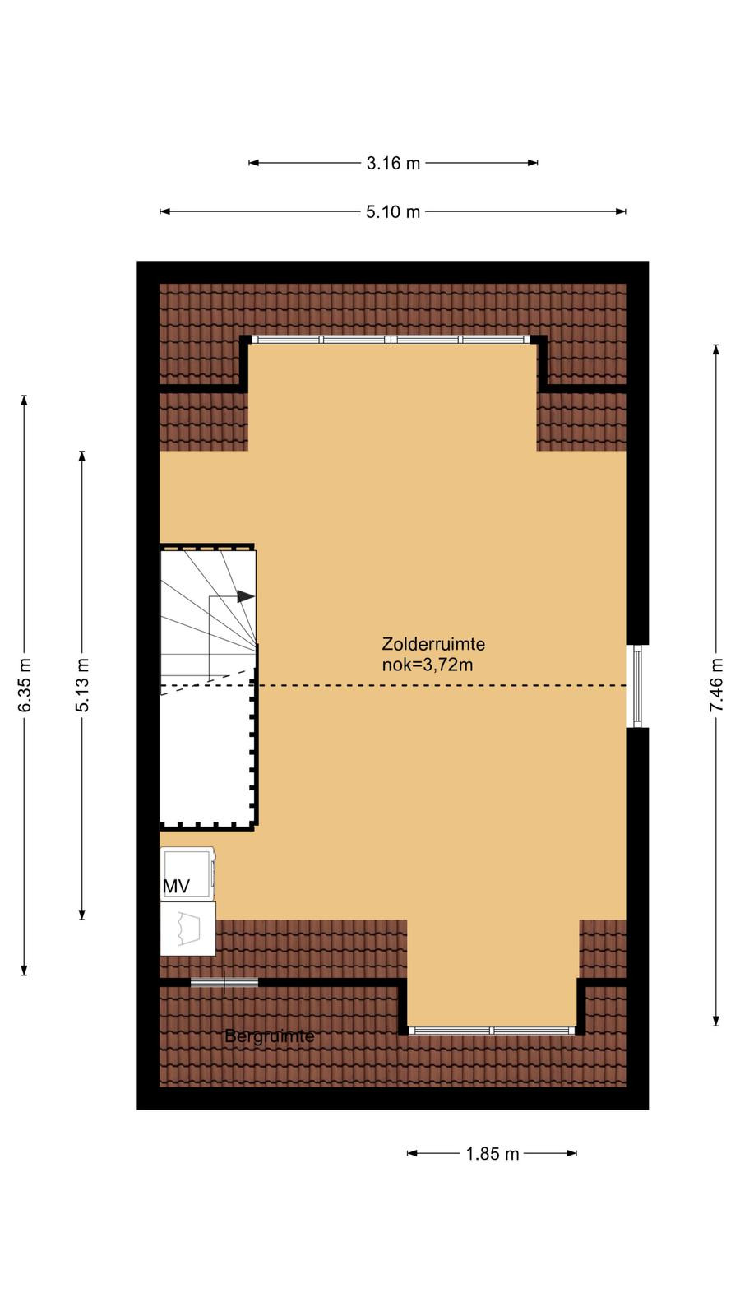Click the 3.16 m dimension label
[x=393, y=164]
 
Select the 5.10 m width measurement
[x=393, y=211]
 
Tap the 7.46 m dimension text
[x=716, y=685]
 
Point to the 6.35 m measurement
[x=25, y=685]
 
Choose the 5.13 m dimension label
[x=82, y=685]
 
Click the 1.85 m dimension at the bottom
[x=493, y=1154]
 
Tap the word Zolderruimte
[x=433, y=644]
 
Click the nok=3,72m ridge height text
[x=428, y=665]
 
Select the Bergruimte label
[x=270, y=1036]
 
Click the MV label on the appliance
[x=176, y=887]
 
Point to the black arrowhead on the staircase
[x=246, y=596]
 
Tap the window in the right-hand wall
[x=637, y=686]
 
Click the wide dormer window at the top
[x=391, y=340]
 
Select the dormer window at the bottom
[x=492, y=1031]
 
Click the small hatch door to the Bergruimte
[x=224, y=982]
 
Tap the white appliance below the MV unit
[x=188, y=929]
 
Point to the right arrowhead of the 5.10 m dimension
[x=621, y=211]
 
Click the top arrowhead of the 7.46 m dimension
[x=716, y=350]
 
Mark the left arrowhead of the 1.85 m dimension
[x=412, y=1153]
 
